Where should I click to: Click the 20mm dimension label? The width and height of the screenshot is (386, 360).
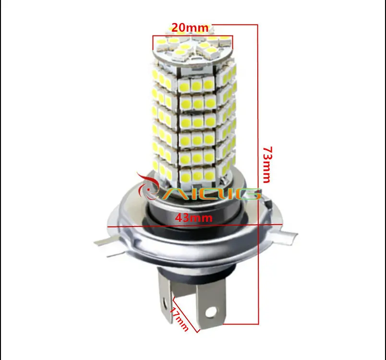click(190, 27)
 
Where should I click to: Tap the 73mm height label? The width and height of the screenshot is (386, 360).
click(267, 165)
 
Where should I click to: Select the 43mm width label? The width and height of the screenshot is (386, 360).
click(194, 218)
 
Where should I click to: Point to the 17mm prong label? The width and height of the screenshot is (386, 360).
click(179, 319)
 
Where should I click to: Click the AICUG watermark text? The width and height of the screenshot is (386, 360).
click(212, 193)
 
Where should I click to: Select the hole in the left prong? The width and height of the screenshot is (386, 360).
click(164, 300)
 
